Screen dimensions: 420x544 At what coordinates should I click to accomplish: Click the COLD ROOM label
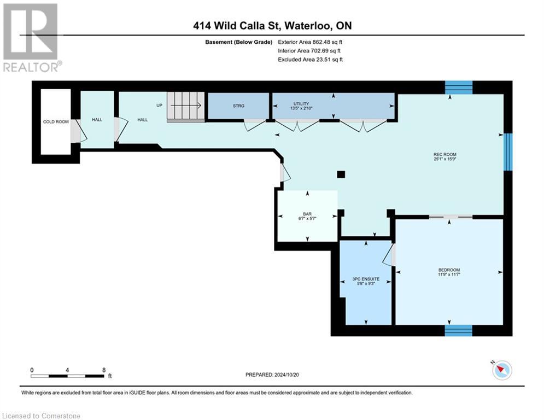[56, 121]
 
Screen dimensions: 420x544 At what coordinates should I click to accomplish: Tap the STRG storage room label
[238, 106]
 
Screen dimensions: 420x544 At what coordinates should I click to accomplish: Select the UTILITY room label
[301, 103]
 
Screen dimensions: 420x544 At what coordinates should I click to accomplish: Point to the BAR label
[307, 214]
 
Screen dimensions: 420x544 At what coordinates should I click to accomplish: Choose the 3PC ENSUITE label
[366, 279]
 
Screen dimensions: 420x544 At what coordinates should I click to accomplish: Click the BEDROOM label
[449, 270]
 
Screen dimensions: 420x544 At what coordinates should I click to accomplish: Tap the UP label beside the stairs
[160, 105]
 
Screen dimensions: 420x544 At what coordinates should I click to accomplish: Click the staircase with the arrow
[185, 106]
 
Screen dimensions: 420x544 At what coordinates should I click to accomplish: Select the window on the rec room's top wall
[458, 87]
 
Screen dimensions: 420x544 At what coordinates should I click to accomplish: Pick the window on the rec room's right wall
[508, 151]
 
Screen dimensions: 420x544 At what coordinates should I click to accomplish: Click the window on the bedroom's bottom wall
[458, 330]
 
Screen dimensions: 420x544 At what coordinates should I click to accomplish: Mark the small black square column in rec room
[341, 174]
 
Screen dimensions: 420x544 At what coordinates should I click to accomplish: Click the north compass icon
[501, 370]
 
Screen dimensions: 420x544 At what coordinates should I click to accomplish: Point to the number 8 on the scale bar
[103, 370]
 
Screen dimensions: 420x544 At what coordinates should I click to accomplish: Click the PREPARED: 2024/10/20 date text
[272, 375]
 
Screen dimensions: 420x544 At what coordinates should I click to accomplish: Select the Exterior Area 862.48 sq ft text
[310, 42]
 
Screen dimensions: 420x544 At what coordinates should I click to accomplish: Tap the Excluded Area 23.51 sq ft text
[310, 60]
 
